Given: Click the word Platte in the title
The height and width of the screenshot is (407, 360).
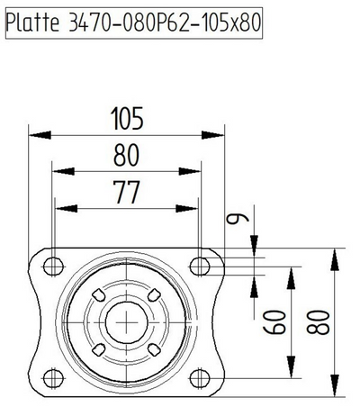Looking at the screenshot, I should point(32,23).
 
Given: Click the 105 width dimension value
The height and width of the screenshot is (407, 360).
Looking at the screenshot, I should point(126,117).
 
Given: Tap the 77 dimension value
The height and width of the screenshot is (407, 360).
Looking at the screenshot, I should point(126,192).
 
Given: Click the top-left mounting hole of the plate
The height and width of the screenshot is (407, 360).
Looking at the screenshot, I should point(53,264).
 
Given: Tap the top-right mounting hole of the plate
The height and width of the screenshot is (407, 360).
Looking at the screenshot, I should point(199,264).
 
